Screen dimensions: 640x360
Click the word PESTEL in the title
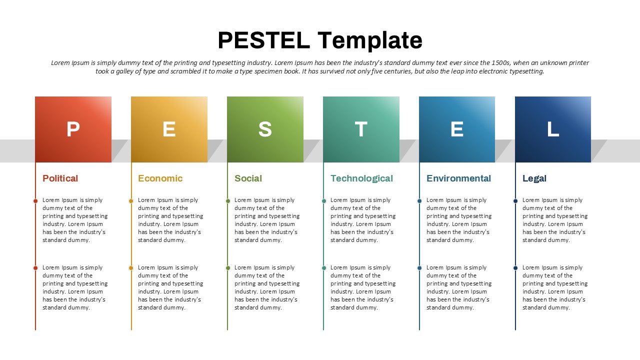point(263,40)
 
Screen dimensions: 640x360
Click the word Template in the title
point(370,41)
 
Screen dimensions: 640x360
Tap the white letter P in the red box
point(73,129)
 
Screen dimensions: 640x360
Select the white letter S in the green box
point(265,129)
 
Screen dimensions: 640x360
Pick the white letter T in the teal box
point(361,129)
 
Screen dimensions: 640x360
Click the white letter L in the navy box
point(553,129)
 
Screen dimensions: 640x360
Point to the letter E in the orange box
point(169,129)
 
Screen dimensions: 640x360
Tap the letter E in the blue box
point(457,129)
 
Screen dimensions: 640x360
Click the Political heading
point(60,178)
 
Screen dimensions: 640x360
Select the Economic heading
point(160,178)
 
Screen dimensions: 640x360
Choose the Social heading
point(248,178)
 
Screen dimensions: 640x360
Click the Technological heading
point(361,178)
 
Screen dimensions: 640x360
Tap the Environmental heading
point(458,178)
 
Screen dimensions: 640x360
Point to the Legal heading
point(534,178)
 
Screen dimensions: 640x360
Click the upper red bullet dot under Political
point(35,201)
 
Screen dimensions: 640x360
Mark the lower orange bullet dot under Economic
point(131,268)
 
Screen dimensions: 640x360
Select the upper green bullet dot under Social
point(227,201)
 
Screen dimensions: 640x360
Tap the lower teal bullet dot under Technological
point(323,268)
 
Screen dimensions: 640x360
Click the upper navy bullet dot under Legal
point(515,201)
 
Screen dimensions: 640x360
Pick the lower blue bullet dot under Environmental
point(419,268)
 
